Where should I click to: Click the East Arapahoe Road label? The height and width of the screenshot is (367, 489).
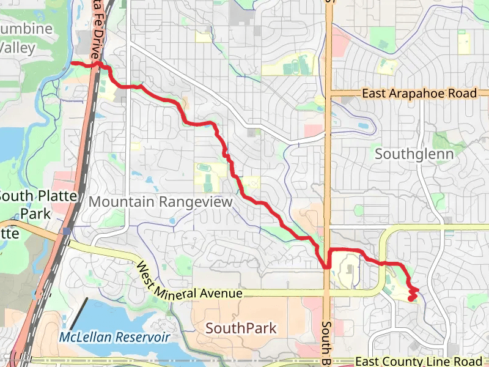tap(419, 94)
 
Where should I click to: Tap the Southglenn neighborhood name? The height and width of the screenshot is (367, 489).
tap(414, 154)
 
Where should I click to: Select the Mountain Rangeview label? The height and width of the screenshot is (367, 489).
tap(161, 202)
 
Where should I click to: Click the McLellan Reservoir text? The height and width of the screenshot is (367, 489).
tap(114, 337)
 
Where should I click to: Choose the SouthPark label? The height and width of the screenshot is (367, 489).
tap(241, 328)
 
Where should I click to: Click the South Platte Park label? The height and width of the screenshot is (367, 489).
tap(38, 205)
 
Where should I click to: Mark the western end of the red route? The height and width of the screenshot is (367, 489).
tap(72, 62)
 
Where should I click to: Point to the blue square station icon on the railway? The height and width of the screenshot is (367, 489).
tap(65, 231)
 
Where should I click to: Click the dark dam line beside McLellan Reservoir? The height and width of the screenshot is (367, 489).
tap(78, 314)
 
